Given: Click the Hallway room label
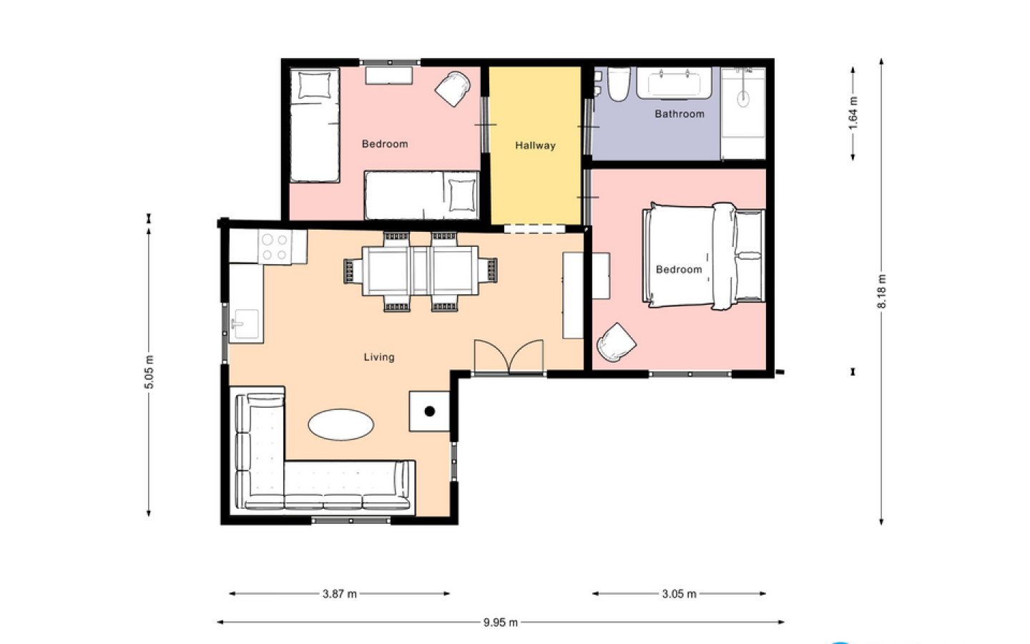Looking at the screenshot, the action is click(535, 145).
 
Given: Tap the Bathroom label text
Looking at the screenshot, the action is click(680, 114).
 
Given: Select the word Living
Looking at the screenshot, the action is click(379, 357).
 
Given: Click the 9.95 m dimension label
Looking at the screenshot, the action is click(500, 623).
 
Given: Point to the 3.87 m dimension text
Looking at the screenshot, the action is click(339, 594).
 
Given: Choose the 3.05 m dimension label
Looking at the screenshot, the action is click(680, 594).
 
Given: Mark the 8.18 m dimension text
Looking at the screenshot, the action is click(881, 291).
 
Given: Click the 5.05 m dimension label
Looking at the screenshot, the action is click(149, 372).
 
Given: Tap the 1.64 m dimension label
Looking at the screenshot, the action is click(853, 113).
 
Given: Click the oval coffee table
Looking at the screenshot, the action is click(340, 424).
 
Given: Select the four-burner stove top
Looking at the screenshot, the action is click(275, 247).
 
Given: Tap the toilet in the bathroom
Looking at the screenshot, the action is click(619, 84).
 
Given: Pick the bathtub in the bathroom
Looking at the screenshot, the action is click(675, 83).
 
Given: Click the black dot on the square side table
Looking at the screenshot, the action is click(429, 411).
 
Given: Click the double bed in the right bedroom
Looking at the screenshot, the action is click(704, 256).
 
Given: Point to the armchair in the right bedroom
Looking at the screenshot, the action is click(616, 342).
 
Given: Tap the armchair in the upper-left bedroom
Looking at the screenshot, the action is click(453, 89).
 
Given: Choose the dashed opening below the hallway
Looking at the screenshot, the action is click(534, 229).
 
